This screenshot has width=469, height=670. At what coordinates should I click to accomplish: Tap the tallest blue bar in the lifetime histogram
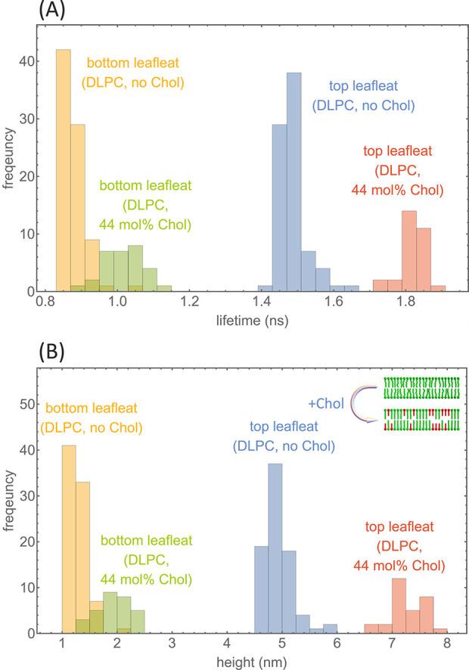pos(294,182)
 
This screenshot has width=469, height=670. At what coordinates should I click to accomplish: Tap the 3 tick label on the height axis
pos(172,647)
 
